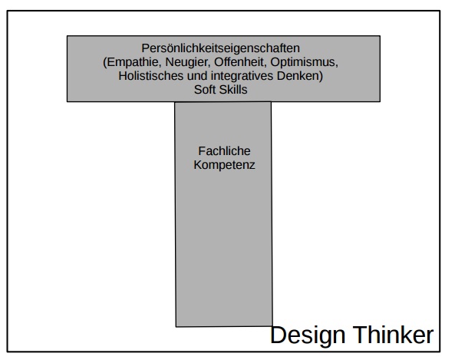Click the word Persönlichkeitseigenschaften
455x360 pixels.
pyautogui.click(x=220, y=48)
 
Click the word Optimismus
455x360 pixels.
pyautogui.click(x=302, y=62)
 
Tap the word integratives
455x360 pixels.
pyautogui.click(x=242, y=76)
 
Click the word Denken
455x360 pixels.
pyautogui.click(x=298, y=76)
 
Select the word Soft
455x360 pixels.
pyautogui.click(x=204, y=90)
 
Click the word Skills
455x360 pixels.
pyautogui.click(x=233, y=90)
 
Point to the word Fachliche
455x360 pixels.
pyautogui.click(x=224, y=151)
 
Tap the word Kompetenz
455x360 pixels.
pyautogui.click(x=224, y=165)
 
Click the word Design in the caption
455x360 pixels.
pyautogui.click(x=308, y=335)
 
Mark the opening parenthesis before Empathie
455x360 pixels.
pyautogui.click(x=105, y=63)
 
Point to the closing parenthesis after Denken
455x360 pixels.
pyautogui.click(x=321, y=76)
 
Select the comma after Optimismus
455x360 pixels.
pyautogui.click(x=337, y=66)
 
